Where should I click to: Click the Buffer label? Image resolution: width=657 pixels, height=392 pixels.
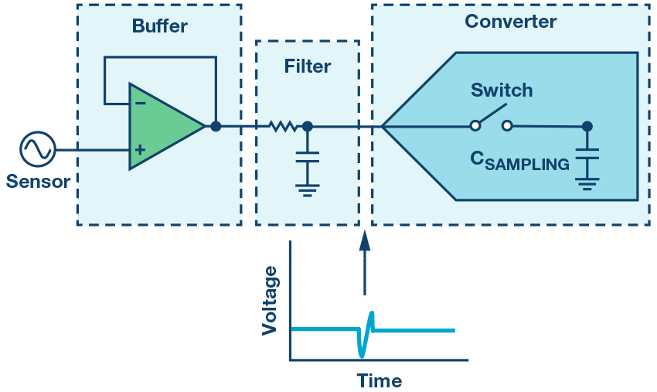click(x=159, y=27)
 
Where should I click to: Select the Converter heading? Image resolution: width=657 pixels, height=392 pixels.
click(x=510, y=22)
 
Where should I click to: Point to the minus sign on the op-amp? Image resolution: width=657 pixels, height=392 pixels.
click(x=140, y=102)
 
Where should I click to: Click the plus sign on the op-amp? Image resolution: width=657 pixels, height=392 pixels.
click(x=140, y=150)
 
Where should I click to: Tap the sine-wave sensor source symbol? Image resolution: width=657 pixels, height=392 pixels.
click(x=37, y=149)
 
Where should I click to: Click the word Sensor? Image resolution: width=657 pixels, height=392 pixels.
click(x=38, y=182)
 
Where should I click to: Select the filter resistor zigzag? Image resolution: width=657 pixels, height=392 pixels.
click(x=282, y=126)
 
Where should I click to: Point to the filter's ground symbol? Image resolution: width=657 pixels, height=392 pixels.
click(x=308, y=189)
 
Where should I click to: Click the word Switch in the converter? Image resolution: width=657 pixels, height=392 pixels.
click(x=502, y=90)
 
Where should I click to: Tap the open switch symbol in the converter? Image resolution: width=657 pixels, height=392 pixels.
click(x=492, y=124)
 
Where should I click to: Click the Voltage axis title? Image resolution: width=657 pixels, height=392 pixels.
click(x=269, y=300)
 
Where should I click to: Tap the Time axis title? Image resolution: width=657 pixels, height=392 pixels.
click(x=379, y=381)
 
